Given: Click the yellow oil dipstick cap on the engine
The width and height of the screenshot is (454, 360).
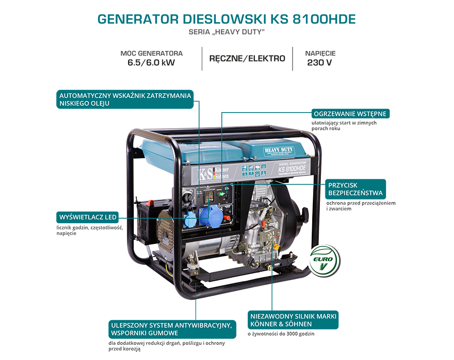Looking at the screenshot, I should pos(276,246).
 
